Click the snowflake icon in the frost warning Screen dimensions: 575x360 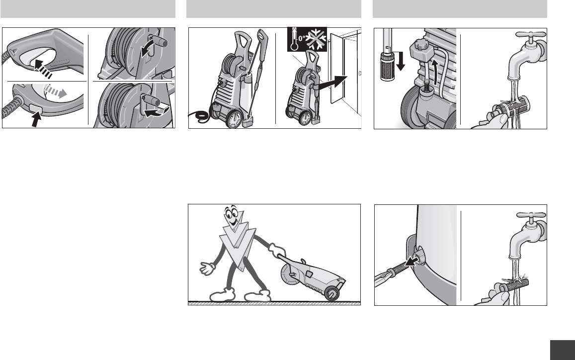pyautogui.click(x=316, y=39)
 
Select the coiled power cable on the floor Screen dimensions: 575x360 pyautogui.click(x=199, y=117)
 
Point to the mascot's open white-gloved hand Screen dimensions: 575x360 pyautogui.click(x=208, y=268)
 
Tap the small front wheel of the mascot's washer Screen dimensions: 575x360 pyautogui.click(x=332, y=293)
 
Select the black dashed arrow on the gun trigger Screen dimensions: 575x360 pyautogui.click(x=43, y=69)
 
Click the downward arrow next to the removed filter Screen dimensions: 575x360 pyautogui.click(x=401, y=61)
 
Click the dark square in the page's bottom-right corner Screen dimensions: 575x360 pyautogui.click(x=563, y=350)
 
